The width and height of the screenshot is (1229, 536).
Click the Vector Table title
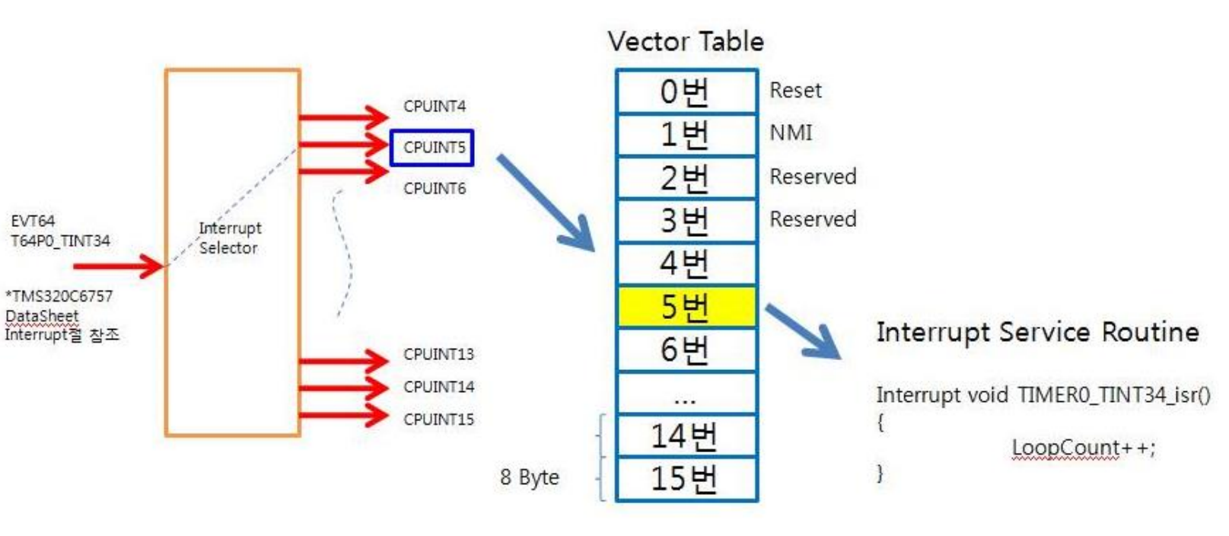tap(686, 41)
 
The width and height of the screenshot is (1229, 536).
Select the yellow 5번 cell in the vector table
tap(686, 307)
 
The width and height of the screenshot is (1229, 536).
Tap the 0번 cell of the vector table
tap(686, 91)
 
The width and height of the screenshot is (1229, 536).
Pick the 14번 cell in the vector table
tap(686, 436)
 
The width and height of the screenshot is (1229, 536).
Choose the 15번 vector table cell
tap(686, 479)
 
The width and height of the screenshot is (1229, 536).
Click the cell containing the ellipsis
tap(686, 394)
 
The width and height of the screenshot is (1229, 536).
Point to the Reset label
tap(795, 91)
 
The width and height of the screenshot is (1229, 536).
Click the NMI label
tap(791, 133)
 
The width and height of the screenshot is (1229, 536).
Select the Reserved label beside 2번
tap(813, 177)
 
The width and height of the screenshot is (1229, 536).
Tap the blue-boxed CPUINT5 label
tap(432, 148)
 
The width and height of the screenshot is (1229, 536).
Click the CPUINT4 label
tap(435, 107)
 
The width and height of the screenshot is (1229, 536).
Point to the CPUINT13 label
tap(438, 354)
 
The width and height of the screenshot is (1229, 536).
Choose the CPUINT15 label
tap(438, 420)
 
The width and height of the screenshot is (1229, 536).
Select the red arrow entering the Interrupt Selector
tap(119, 266)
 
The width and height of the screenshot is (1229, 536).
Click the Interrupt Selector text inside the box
tap(229, 238)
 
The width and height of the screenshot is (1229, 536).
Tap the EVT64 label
tap(33, 221)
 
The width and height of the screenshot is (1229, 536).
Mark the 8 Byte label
tap(530, 477)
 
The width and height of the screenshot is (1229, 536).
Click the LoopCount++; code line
tap(1083, 448)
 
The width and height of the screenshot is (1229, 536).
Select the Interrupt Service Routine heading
tap(1037, 333)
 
